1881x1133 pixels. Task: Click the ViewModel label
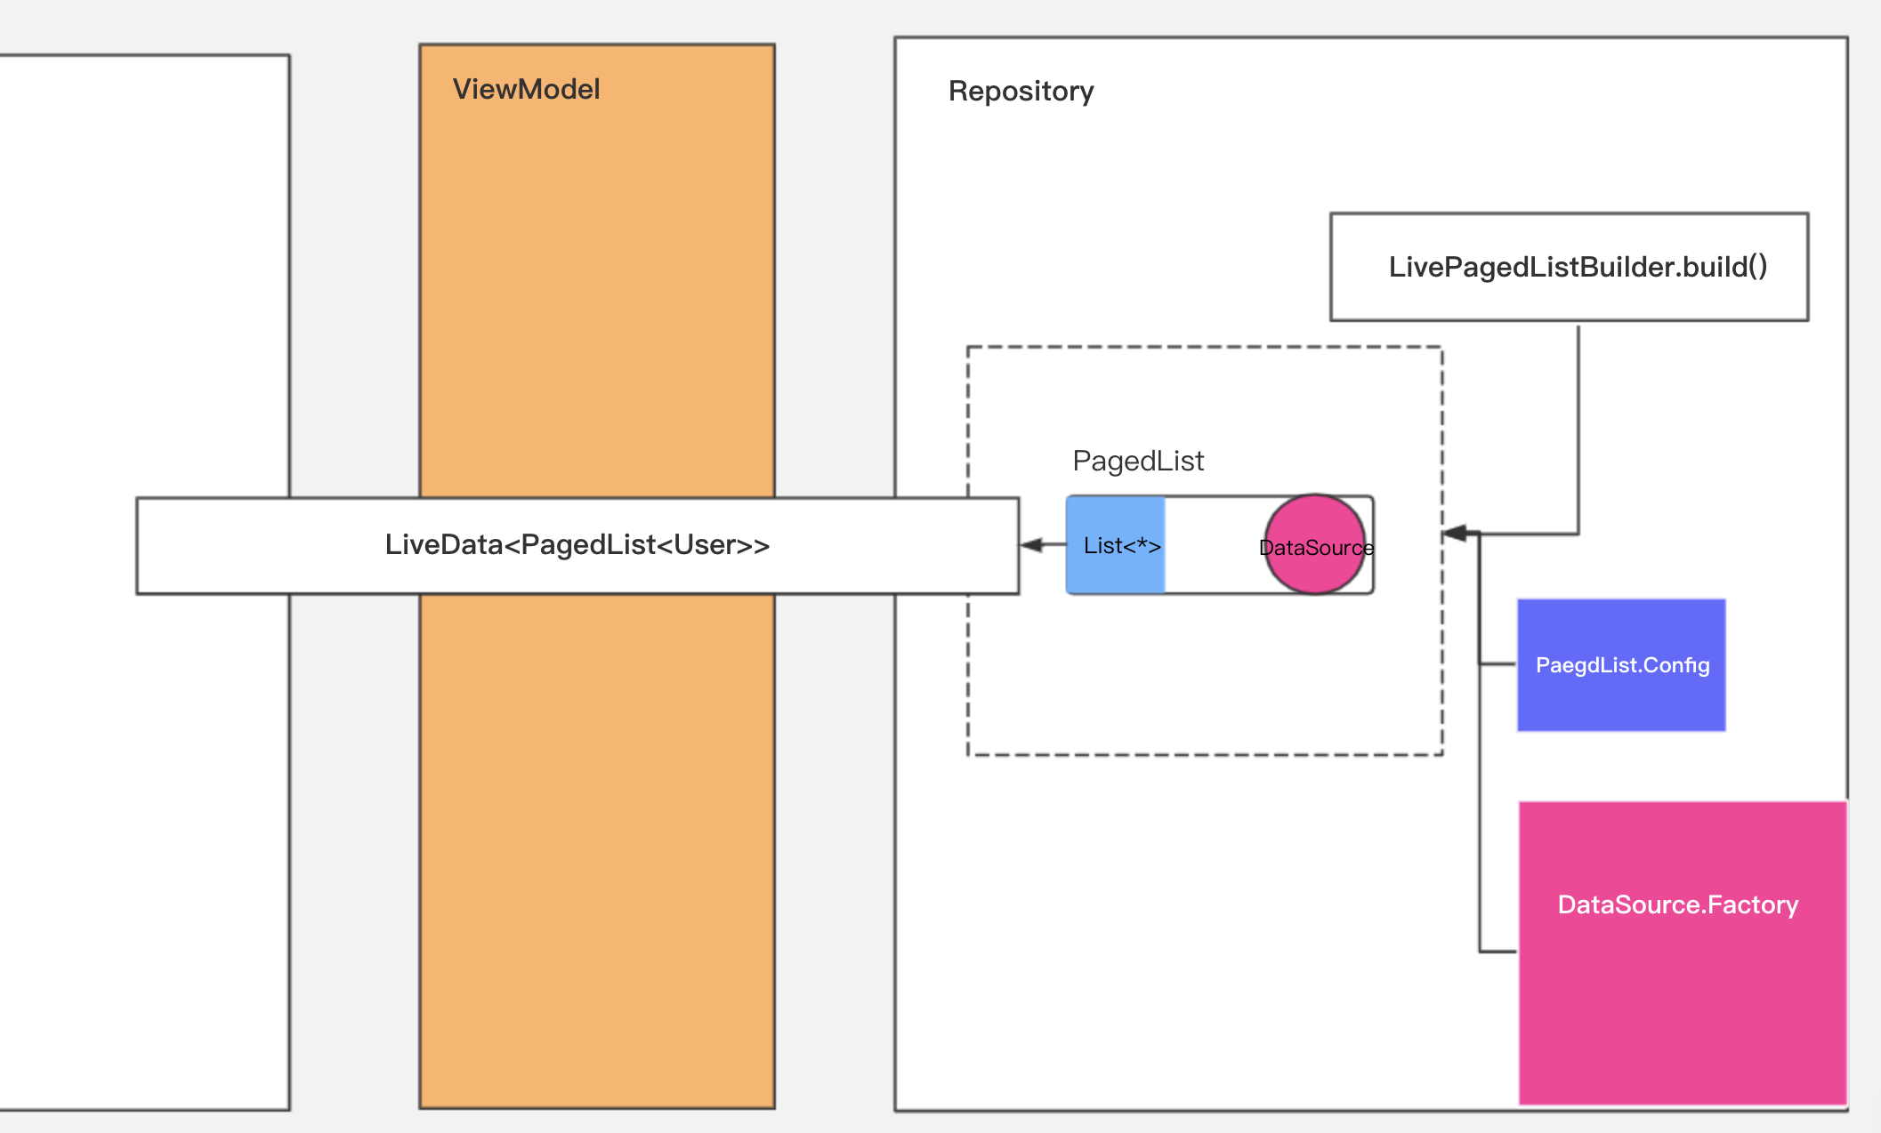[x=526, y=89]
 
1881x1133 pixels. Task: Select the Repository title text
[x=1021, y=92]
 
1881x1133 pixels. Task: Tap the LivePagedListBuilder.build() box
[x=1569, y=267]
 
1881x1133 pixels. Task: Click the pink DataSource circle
[x=1315, y=544]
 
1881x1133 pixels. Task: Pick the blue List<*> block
[x=1116, y=545]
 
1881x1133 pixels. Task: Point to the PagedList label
[x=1138, y=461]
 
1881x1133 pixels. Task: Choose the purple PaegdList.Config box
[x=1621, y=665]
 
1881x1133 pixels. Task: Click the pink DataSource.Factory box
[x=1683, y=953]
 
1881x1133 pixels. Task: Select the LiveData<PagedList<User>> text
[x=577, y=544]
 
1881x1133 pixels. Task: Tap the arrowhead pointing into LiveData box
[x=1030, y=544]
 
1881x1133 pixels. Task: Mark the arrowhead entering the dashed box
[x=1454, y=534]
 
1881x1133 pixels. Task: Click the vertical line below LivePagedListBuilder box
[x=1578, y=430]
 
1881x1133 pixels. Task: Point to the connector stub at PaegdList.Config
[x=1498, y=663]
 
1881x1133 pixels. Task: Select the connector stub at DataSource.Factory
[x=1498, y=952]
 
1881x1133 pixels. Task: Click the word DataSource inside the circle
[x=1316, y=548]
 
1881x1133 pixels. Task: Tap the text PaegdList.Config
[x=1622, y=665]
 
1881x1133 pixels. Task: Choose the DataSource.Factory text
[x=1678, y=904]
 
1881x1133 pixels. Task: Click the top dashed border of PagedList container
[x=1205, y=347]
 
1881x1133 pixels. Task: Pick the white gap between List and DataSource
[x=1215, y=545]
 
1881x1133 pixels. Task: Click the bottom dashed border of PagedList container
[x=1205, y=755]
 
